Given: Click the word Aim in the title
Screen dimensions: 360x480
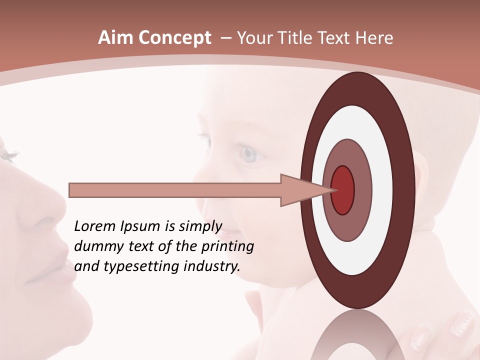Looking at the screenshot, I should coord(115,38).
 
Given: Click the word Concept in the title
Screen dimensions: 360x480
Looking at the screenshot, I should coord(174,38).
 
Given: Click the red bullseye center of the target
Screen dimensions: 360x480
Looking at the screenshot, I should coord(343,190).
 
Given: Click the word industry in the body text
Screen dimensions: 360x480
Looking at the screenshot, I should coord(212,266).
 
